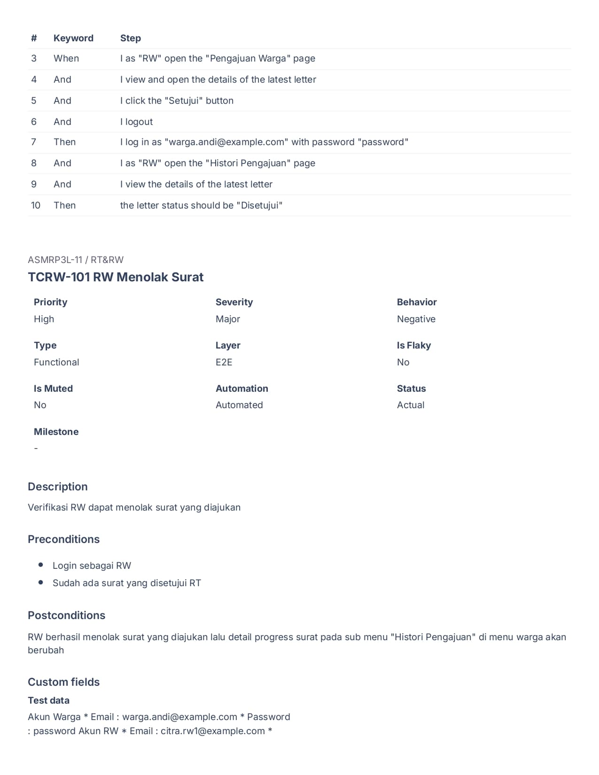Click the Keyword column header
click(x=73, y=38)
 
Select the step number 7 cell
click(x=34, y=142)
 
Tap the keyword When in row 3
click(x=66, y=58)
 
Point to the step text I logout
click(x=137, y=122)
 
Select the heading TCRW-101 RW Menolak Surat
click(x=116, y=277)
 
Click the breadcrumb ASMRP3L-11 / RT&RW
click(x=76, y=260)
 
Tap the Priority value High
click(x=44, y=319)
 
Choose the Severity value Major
click(x=228, y=319)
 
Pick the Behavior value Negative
click(x=416, y=319)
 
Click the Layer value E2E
click(x=224, y=362)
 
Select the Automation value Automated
click(x=239, y=405)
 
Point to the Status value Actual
click(x=411, y=405)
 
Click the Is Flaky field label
click(x=414, y=345)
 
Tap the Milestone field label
click(x=56, y=432)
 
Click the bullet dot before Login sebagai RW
click(x=41, y=565)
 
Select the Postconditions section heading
click(x=67, y=615)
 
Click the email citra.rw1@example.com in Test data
click(x=213, y=731)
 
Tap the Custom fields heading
click(x=64, y=682)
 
